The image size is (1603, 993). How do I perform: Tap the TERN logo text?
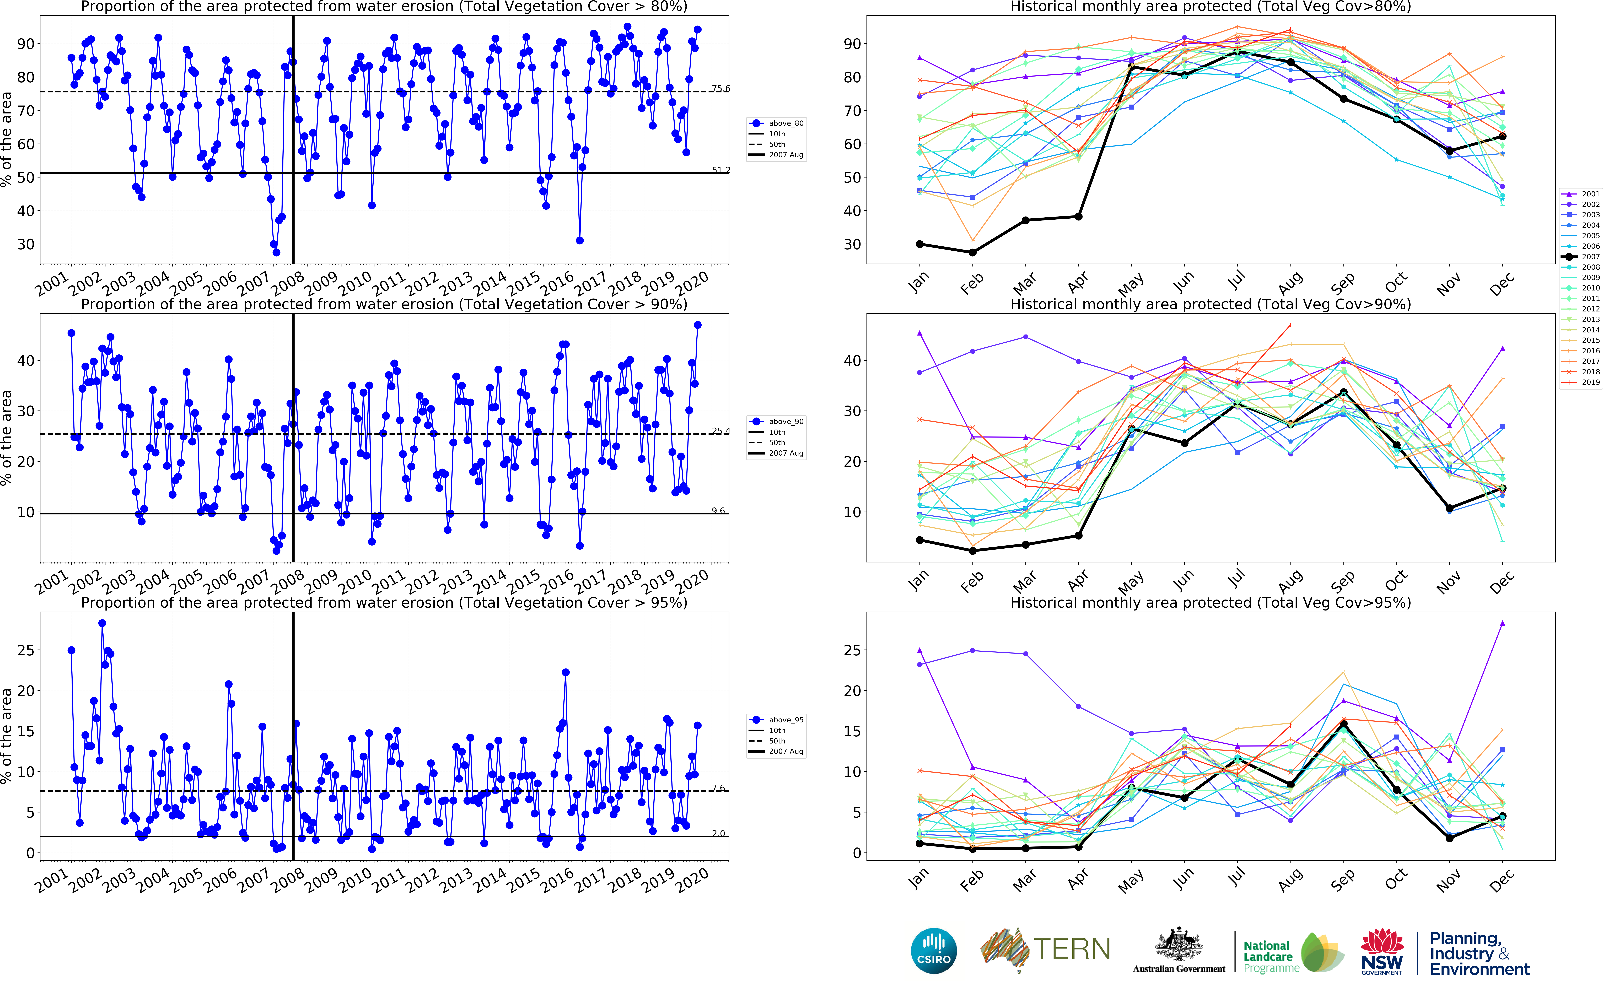tap(1072, 949)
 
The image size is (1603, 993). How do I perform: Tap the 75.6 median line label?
tap(720, 89)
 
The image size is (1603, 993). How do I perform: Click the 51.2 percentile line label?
tap(720, 170)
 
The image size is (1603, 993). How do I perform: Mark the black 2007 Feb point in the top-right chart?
tap(973, 252)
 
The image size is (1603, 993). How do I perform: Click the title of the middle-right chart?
tap(1210, 304)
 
